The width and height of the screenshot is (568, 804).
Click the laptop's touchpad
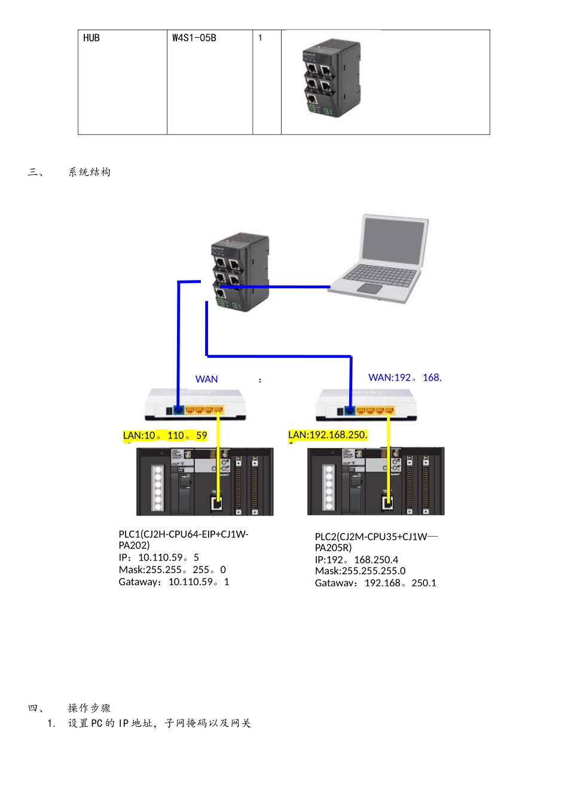(x=369, y=288)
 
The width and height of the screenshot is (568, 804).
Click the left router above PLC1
(x=196, y=404)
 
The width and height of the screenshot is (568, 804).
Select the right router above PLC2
(x=366, y=404)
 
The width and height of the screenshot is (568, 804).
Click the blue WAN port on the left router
(x=178, y=410)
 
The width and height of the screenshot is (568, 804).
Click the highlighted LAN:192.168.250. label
(x=328, y=435)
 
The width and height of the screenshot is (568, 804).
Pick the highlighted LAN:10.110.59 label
(x=165, y=435)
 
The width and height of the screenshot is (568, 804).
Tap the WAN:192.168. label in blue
(x=405, y=377)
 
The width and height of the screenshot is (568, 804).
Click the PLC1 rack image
(x=204, y=482)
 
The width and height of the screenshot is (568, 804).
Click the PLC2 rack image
(x=375, y=481)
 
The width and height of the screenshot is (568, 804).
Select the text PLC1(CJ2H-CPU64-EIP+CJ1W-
(x=184, y=534)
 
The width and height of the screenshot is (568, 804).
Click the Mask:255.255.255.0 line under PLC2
(x=360, y=571)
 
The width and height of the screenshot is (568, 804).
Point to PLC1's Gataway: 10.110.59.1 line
(x=174, y=582)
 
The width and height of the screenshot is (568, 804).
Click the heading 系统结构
(x=90, y=172)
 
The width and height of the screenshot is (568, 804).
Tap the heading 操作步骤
(x=90, y=708)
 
